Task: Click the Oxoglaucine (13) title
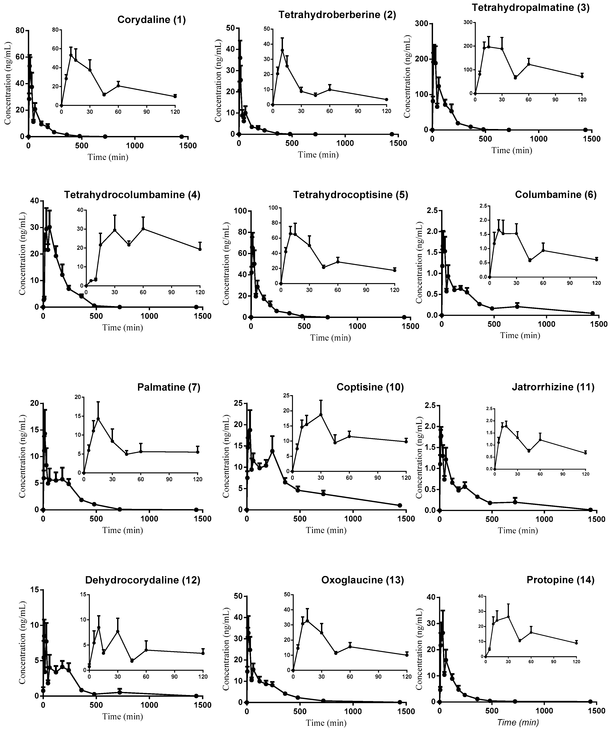coord(363,580)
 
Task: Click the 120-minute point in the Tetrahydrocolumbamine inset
coord(200,249)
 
